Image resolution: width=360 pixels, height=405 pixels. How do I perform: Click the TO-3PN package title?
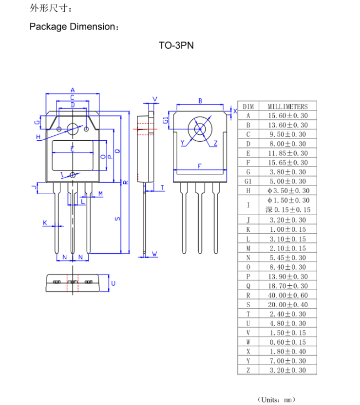point(176,45)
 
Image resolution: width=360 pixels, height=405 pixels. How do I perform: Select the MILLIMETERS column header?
point(287,107)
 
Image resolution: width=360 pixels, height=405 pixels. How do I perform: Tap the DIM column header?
point(248,107)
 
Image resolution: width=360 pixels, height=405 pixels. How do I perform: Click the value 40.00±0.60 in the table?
point(287,295)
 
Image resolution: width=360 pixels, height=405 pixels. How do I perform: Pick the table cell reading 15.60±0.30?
point(287,116)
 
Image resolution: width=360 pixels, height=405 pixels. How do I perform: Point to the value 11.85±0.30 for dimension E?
point(287,153)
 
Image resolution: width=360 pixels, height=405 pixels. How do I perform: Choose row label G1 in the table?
point(248,181)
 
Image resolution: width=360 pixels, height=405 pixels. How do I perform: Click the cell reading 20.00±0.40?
point(287,305)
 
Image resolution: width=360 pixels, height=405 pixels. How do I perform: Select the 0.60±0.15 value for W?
point(287,342)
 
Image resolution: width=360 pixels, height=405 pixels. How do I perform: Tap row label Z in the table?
point(248,370)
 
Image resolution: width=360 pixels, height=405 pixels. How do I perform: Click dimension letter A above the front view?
point(73,90)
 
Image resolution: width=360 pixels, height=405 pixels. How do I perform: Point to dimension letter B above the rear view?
point(200,101)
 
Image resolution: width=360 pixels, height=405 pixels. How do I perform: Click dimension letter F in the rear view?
point(199,166)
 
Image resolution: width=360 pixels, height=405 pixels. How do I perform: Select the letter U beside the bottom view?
point(113,283)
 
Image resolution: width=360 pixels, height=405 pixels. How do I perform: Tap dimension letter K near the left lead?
point(45,222)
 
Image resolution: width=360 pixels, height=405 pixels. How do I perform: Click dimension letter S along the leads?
point(117,219)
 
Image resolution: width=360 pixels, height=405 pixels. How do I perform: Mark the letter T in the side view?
point(162,187)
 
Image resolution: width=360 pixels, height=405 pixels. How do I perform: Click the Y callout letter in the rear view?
point(183,143)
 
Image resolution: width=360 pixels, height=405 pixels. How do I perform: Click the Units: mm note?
point(277,400)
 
